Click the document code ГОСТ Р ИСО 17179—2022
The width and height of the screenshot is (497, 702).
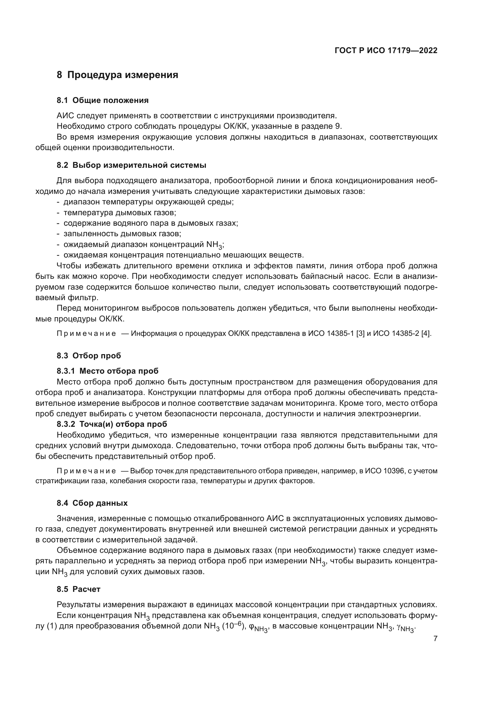386,51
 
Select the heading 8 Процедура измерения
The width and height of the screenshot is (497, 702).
117,75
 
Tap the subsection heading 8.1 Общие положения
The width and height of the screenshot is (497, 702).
102,100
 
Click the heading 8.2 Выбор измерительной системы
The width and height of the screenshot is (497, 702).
131,165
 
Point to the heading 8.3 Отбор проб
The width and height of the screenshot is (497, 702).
89,356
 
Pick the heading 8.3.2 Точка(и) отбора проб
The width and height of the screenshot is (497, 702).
112,424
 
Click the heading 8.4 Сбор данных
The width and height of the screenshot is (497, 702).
92,503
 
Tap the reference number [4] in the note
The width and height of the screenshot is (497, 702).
426,333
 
